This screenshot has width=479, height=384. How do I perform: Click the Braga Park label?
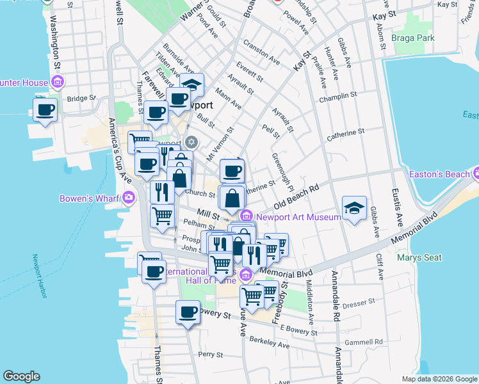point(416,38)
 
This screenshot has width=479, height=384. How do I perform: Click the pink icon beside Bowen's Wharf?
point(129,198)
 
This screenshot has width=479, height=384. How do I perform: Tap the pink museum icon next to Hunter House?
point(57,82)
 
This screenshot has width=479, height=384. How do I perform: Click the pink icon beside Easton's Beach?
point(476,173)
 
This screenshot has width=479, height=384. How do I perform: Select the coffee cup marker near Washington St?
point(45,109)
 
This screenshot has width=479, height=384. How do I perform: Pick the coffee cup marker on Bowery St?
point(188,312)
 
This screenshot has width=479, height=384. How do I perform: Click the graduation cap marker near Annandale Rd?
point(354,207)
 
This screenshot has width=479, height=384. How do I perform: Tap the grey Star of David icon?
point(190,141)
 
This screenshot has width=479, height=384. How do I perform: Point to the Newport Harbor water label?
point(37,274)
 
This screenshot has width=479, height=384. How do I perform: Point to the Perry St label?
point(210,354)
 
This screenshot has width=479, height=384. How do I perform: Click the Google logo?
point(22,376)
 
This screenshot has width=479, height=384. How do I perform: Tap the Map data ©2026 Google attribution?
point(439,379)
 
